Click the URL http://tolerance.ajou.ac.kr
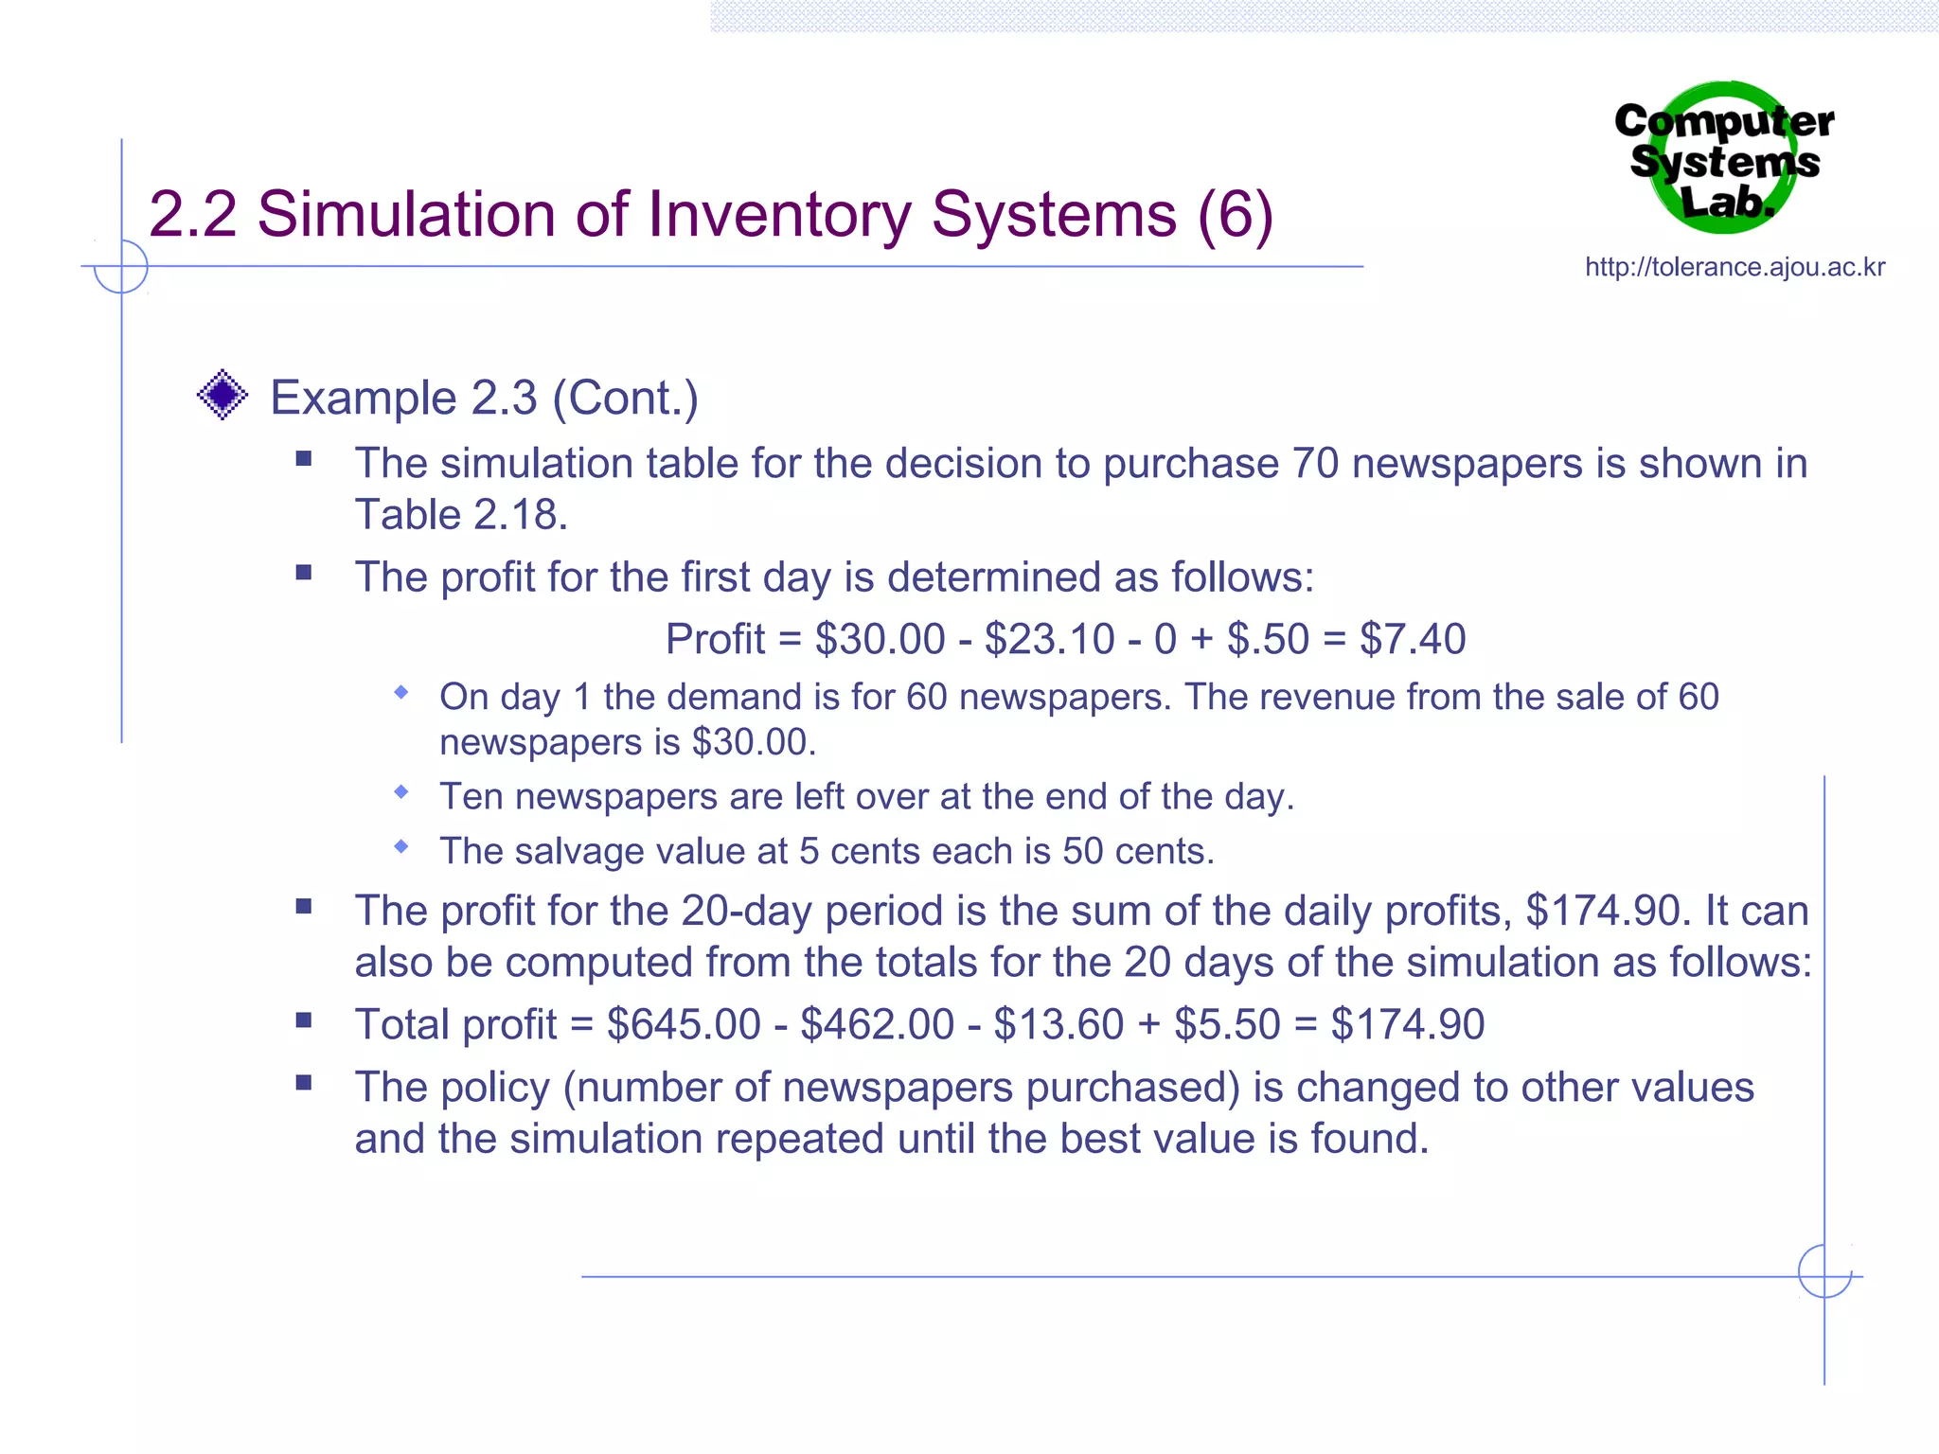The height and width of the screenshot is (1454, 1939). (1734, 267)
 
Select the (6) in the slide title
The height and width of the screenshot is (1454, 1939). (1235, 214)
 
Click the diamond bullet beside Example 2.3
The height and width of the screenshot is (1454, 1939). (222, 395)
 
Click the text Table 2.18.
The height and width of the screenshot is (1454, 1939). (461, 515)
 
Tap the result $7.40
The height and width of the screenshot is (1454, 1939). (1413, 639)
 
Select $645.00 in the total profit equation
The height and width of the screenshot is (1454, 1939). (684, 1024)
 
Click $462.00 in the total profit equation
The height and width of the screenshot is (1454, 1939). (877, 1024)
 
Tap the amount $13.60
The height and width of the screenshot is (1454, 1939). (1058, 1024)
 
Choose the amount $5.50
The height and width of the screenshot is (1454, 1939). (1227, 1024)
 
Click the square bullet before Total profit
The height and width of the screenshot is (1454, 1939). (304, 1020)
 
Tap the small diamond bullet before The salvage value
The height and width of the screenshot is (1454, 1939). (401, 846)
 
